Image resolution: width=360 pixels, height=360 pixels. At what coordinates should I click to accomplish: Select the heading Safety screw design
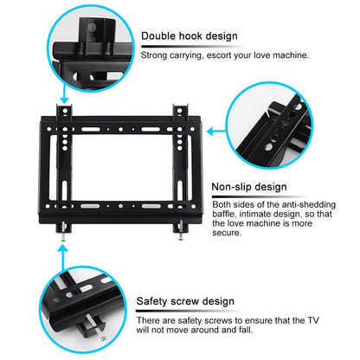click(x=186, y=301)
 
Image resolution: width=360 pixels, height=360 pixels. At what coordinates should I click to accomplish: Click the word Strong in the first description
click(x=157, y=55)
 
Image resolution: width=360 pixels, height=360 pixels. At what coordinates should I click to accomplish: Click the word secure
click(x=227, y=233)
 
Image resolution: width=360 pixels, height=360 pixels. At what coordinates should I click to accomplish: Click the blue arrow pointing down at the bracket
click(x=64, y=94)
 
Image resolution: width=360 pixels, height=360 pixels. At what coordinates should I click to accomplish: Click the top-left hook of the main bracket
click(x=63, y=110)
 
